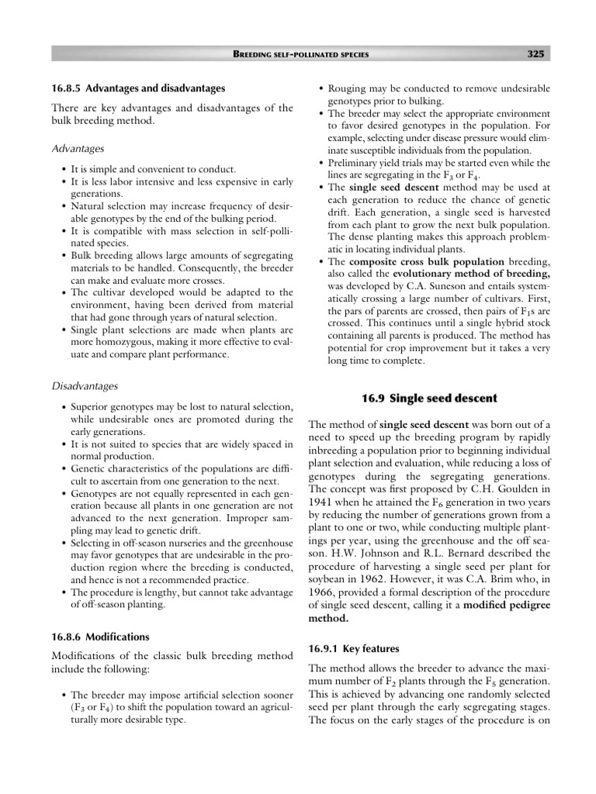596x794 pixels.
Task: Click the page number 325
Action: (535, 54)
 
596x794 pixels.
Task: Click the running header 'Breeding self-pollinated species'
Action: (301, 54)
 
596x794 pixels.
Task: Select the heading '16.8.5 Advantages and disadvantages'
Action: (138, 88)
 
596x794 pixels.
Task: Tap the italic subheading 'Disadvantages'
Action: (86, 385)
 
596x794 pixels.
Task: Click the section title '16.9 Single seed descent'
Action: (429, 399)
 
